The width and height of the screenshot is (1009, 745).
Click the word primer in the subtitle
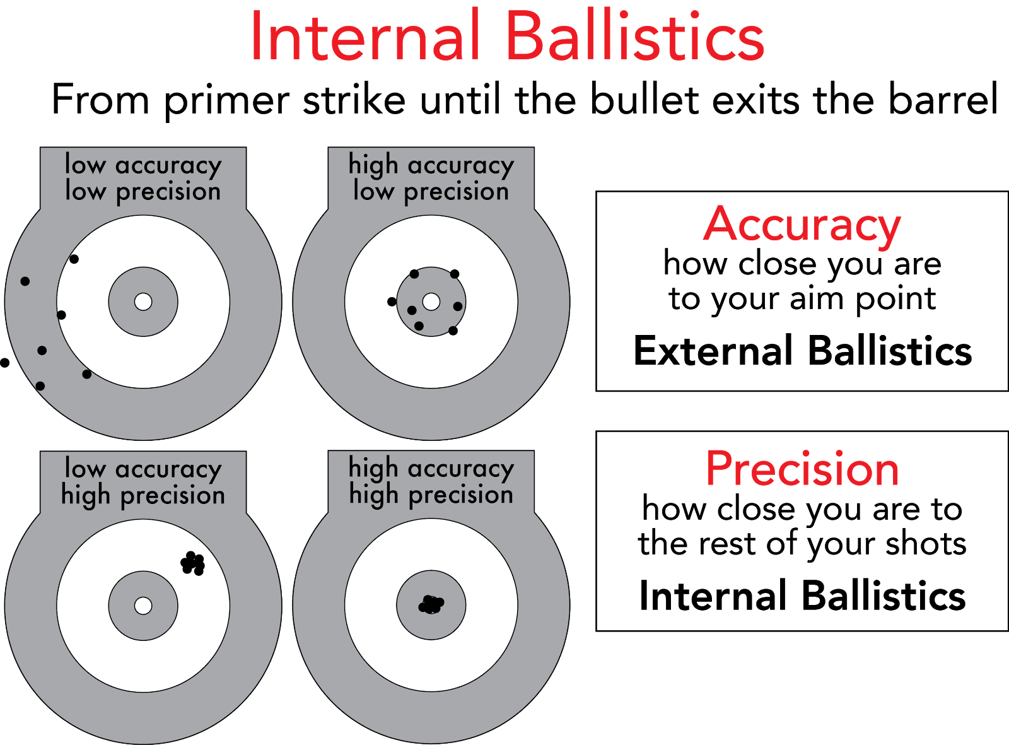coord(226,101)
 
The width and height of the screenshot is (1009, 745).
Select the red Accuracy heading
coord(802,225)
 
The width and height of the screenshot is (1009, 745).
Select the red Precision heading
coord(802,469)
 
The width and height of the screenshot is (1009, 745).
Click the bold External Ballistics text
coord(803,350)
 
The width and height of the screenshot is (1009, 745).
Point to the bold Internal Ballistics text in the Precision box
coord(802,595)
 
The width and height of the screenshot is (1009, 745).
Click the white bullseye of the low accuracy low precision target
coord(143,302)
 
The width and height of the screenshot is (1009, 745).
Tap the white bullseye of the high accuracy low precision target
coord(431,302)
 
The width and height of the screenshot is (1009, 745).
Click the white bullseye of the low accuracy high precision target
coord(143,606)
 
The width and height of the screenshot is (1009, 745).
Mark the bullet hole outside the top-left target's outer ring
coord(4,363)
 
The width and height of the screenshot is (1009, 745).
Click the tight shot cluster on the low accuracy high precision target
coord(193,563)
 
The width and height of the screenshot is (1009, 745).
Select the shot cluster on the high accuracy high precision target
coord(431,604)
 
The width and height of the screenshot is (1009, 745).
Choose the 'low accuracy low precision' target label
coord(143,178)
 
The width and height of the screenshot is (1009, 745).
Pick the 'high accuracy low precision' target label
coord(431,178)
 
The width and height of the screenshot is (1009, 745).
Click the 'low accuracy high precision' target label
coord(143,482)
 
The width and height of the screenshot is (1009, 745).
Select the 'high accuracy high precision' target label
coord(431,481)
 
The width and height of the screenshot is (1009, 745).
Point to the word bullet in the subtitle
coord(644,98)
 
